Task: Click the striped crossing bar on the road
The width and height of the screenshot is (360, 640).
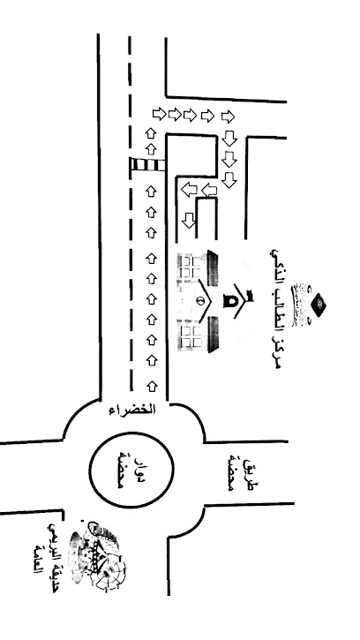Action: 147,165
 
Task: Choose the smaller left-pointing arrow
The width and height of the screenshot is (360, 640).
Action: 210,190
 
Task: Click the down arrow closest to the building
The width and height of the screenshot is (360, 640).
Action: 189,220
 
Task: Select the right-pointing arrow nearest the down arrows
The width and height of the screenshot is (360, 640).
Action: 228,116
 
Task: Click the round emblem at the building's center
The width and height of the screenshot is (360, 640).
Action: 200,299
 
